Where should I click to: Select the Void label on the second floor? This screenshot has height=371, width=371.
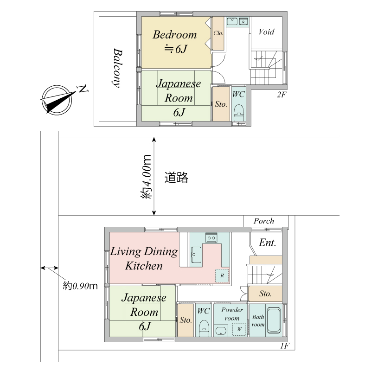click(266, 32)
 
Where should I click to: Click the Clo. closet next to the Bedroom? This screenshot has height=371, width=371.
click(218, 33)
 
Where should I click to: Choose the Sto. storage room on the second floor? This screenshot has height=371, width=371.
click(221, 104)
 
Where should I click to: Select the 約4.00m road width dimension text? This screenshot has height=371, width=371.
click(147, 177)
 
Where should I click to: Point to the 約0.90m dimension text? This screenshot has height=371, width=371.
click(80, 286)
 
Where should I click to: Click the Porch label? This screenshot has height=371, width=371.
click(263, 221)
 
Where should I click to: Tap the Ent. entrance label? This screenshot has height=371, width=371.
click(268, 243)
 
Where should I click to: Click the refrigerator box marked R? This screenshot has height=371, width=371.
click(222, 275)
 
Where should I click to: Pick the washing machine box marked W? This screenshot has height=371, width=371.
click(239, 329)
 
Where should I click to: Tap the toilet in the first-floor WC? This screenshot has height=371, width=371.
click(204, 332)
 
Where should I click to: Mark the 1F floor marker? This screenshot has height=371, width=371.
click(285, 346)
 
